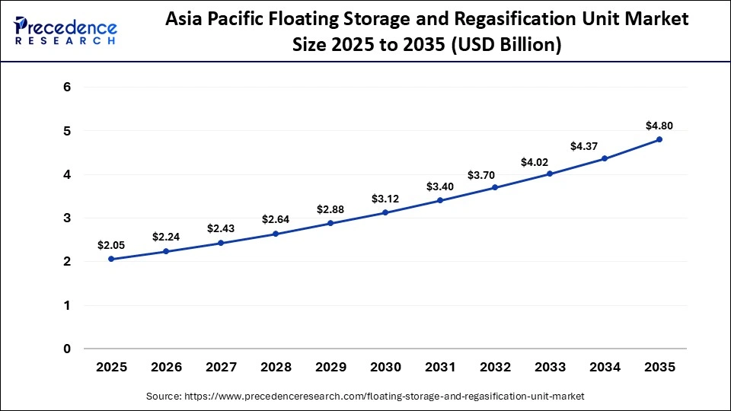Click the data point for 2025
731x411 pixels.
coord(111,260)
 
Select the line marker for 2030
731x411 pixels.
coord(385,212)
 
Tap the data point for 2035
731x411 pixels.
coord(659,139)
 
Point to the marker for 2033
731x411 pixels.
coord(550,174)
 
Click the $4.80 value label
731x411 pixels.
coord(659,126)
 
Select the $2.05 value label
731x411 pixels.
coord(111,245)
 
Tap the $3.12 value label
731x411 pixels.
coord(385,199)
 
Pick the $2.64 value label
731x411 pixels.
coord(276,219)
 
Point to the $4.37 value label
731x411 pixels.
coord(605,145)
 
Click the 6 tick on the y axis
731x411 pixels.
coord(68,88)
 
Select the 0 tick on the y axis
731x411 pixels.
coord(68,349)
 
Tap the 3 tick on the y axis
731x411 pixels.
coord(68,218)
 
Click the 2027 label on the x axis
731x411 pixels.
coord(221,367)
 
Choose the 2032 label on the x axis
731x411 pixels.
coord(495,367)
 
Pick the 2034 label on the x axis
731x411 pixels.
coord(605,367)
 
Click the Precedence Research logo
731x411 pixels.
coord(65,30)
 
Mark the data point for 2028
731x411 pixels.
coord(276,234)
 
